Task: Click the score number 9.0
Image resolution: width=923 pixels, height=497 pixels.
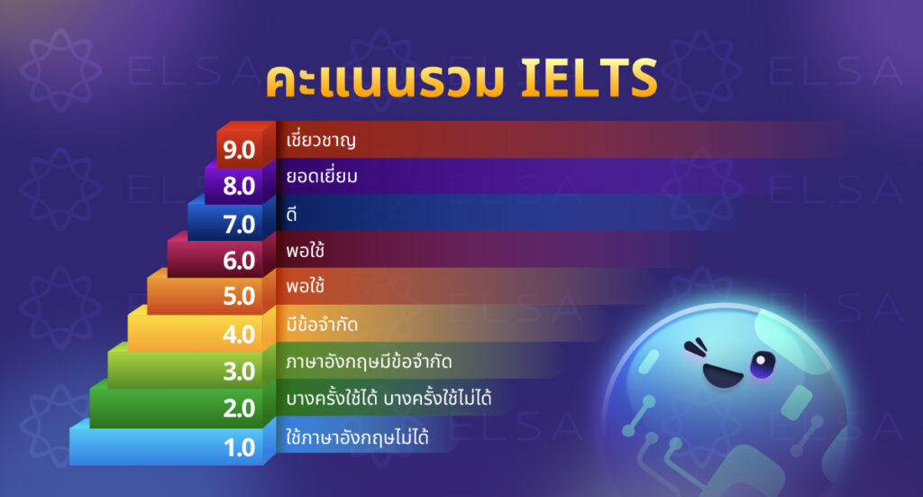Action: click(x=240, y=150)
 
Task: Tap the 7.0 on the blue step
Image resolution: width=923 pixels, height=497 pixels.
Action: click(x=240, y=224)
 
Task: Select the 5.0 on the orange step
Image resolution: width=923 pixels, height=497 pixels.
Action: click(x=240, y=298)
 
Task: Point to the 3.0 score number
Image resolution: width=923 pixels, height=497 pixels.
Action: click(x=240, y=372)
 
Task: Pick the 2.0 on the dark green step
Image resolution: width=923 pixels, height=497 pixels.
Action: click(x=240, y=409)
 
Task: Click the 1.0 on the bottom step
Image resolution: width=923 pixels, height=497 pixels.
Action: click(x=240, y=446)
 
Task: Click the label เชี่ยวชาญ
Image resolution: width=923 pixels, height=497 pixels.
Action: click(x=320, y=141)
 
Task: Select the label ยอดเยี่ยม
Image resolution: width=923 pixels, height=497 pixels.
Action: click(x=322, y=178)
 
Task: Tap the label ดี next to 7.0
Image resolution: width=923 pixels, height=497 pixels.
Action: click(x=291, y=215)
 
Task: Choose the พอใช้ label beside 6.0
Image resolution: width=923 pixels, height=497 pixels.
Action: click(x=305, y=251)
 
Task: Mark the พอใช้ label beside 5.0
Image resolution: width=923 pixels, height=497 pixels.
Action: click(x=305, y=288)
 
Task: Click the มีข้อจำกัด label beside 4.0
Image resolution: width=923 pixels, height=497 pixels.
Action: click(x=323, y=324)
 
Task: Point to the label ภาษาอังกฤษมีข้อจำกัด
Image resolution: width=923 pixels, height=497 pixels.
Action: click(x=368, y=362)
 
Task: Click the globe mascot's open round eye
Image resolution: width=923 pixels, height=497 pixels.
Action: click(x=763, y=364)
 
